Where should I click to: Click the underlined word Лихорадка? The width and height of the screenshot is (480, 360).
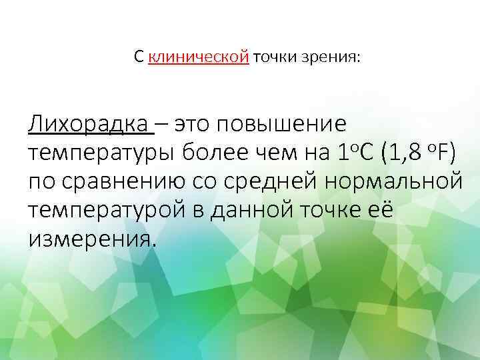coord(89,124)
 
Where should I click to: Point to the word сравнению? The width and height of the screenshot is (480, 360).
coord(118,181)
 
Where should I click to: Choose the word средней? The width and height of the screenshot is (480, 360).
coord(265,181)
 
